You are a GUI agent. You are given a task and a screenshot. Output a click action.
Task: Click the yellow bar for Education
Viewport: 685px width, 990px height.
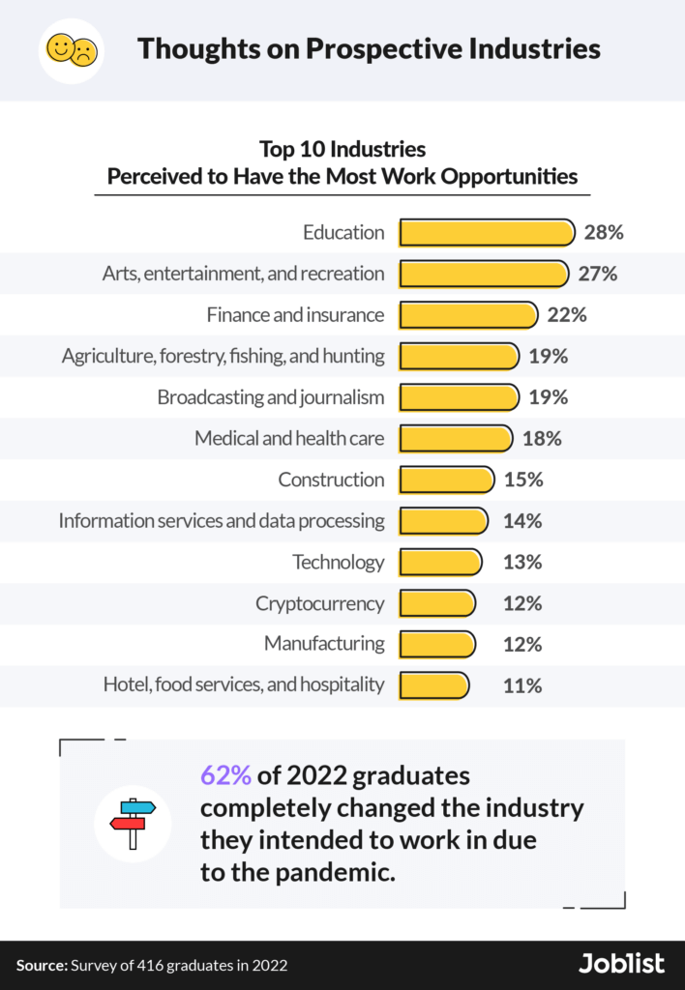488,233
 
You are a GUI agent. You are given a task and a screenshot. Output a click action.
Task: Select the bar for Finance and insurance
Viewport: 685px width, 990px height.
468,315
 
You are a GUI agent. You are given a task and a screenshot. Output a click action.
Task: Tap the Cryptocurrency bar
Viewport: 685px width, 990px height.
437,603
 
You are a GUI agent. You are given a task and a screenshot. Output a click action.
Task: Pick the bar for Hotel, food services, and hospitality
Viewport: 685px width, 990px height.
434,685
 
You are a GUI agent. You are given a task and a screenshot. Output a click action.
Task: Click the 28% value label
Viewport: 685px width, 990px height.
604,233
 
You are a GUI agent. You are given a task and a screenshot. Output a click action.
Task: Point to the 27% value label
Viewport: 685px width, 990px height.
597,274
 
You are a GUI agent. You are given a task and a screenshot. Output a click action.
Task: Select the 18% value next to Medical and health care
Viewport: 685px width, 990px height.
542,439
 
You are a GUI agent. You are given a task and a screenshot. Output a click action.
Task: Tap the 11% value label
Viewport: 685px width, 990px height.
521,685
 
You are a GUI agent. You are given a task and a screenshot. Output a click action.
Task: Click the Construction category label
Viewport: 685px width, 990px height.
331,480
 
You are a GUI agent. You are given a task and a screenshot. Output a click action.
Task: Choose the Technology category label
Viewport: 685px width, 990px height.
339,562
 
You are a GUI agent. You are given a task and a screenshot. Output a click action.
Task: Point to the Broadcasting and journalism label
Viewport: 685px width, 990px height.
271,397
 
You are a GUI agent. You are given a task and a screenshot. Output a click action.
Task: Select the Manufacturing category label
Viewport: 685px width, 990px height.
324,644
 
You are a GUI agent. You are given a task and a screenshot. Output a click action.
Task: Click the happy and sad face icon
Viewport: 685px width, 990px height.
72,49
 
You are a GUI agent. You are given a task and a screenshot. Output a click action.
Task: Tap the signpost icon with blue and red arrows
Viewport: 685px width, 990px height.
133,823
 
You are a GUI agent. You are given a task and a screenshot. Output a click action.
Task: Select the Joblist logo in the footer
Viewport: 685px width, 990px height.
621,964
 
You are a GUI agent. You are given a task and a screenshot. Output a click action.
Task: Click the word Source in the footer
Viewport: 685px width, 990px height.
40,965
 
